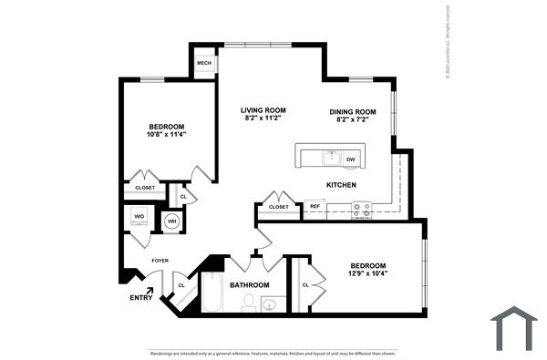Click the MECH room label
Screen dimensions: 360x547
pos(204,64)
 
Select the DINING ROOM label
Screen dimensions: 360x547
pos(352,111)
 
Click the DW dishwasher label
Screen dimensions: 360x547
pos(350,159)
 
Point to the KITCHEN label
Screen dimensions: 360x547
pos(341,185)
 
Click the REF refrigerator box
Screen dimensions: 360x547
pos(315,207)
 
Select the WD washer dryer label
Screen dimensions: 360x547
pos(139,217)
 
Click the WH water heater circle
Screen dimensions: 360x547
pos(171,221)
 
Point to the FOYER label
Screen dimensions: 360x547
pos(160,260)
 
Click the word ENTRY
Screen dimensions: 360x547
pos(141,297)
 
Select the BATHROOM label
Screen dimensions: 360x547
pos(249,285)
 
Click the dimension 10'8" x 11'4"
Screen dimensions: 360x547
pos(166,135)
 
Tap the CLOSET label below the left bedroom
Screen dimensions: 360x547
pos(145,188)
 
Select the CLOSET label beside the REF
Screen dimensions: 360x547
pos(279,207)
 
